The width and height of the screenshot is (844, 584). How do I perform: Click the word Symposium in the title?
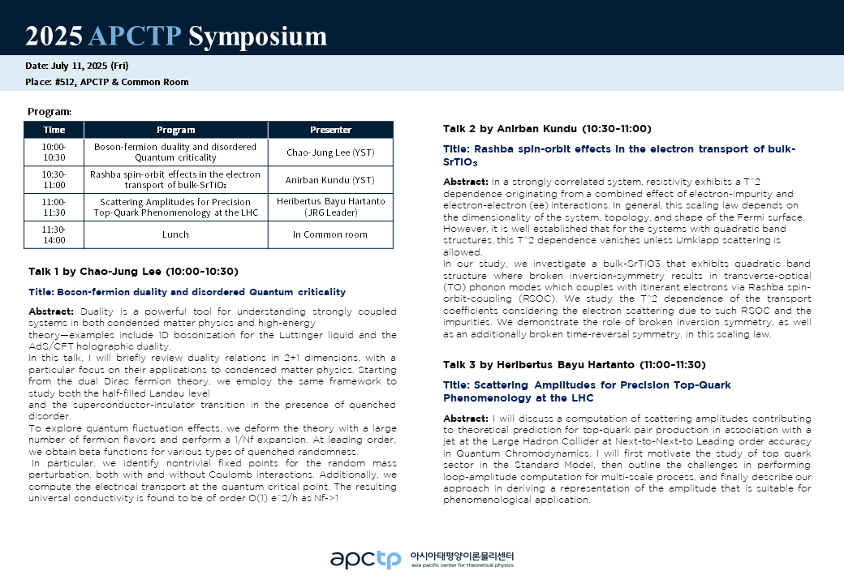pos(258,36)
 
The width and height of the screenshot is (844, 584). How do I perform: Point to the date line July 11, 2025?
pos(77,66)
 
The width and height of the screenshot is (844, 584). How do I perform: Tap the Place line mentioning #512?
pos(107,82)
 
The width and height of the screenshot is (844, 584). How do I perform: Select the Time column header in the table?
pos(54,130)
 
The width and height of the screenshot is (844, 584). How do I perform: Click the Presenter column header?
pos(330,130)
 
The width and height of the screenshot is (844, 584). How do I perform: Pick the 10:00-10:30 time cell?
pos(54,152)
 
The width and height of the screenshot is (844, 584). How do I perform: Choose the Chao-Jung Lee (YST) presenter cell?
pos(330,152)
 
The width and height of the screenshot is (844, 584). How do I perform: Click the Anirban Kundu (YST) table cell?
pos(330,180)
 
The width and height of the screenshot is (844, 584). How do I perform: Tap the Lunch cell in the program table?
pos(176,234)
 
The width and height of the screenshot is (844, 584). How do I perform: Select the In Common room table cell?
pos(330,234)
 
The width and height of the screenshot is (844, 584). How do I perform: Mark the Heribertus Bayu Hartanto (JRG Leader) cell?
pos(330,207)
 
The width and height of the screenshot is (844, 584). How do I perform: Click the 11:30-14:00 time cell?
pos(54,234)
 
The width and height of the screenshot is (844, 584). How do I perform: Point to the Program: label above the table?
pos(50,111)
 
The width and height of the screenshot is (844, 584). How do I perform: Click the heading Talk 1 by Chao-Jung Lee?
pos(133,271)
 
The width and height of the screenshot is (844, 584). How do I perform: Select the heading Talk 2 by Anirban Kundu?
pos(547,128)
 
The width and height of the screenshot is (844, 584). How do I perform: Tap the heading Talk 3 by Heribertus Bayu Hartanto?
pos(574,364)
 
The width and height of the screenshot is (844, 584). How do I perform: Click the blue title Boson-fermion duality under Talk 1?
pos(187,292)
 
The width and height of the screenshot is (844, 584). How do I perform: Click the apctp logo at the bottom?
pos(365,559)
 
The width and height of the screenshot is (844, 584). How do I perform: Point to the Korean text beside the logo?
pos(463,556)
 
